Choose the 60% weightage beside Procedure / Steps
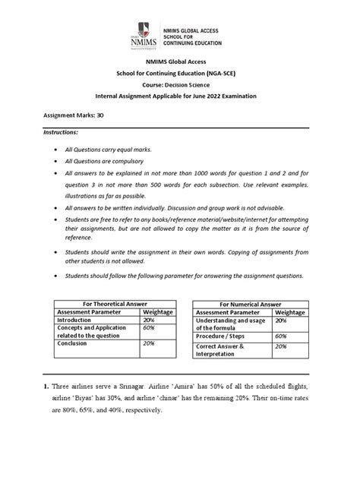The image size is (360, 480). click(280, 335)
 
